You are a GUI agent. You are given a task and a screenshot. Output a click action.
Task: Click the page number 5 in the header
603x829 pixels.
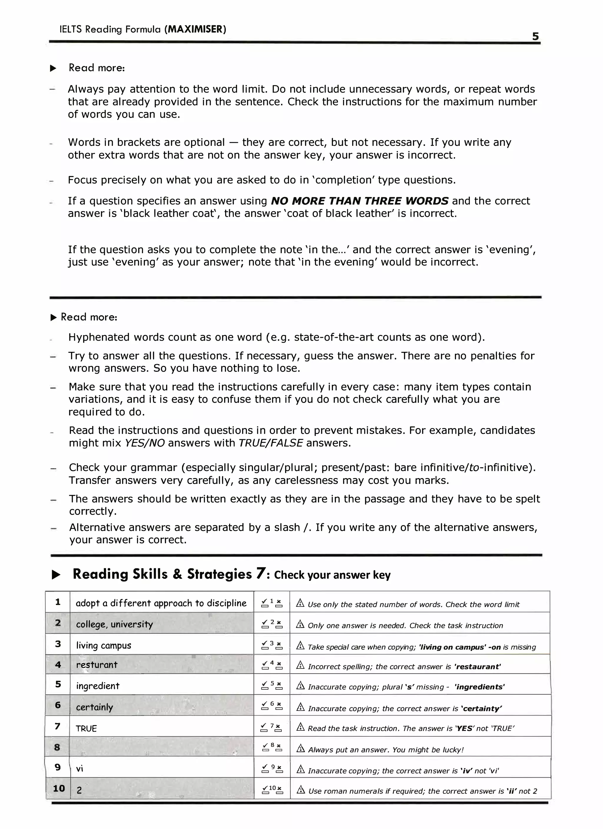coord(535,36)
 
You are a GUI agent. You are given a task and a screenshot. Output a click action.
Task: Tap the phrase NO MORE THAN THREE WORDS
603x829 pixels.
coord(359,201)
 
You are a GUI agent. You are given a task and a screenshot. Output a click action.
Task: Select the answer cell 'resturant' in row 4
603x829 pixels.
coord(97,665)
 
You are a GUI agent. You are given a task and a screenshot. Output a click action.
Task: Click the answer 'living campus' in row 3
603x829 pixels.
coord(103,645)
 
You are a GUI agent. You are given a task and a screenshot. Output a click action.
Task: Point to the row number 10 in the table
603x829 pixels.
coord(59,789)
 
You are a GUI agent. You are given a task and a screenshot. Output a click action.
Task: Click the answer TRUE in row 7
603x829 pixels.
coord(86,729)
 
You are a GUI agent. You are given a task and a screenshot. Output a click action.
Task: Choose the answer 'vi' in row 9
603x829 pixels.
coord(79,769)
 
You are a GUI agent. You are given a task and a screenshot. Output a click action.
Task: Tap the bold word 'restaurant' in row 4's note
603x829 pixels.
coord(477,667)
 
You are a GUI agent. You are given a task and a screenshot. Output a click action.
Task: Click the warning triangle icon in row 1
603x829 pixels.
coord(300,603)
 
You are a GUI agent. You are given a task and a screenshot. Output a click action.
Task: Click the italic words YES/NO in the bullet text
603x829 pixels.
coord(145,443)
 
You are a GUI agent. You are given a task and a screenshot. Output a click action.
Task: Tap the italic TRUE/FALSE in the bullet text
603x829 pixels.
coord(271,443)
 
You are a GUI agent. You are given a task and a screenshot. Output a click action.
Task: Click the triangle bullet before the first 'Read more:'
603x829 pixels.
coord(53,68)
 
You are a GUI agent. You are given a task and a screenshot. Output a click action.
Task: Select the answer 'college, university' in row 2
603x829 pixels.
coord(114,624)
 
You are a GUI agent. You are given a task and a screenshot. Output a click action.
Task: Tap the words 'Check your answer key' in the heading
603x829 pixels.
coord(332,575)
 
